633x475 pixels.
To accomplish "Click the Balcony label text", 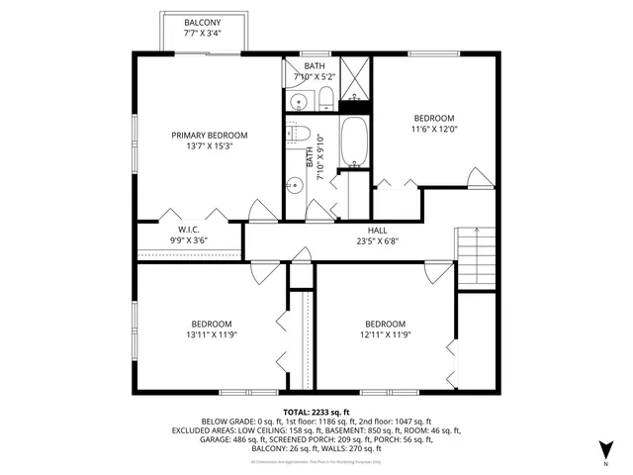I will click(x=204, y=22).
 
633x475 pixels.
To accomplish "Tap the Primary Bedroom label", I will click(x=209, y=136).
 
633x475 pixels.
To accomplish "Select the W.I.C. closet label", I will click(x=190, y=229).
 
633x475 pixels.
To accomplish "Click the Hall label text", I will click(x=378, y=229).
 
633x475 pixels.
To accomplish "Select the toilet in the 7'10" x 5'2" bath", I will click(x=325, y=96).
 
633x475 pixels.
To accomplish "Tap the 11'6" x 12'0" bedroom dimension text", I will click(x=434, y=128).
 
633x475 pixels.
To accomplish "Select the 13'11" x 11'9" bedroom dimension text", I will click(x=212, y=334).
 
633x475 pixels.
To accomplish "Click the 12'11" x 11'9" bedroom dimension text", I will click(x=385, y=334).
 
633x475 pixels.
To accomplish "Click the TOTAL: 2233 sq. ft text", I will click(x=316, y=412).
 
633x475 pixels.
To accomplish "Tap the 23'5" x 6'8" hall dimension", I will click(x=378, y=239).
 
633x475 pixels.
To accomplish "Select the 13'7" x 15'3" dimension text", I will click(x=209, y=146).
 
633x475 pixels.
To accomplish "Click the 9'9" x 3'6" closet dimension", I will click(x=190, y=239).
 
